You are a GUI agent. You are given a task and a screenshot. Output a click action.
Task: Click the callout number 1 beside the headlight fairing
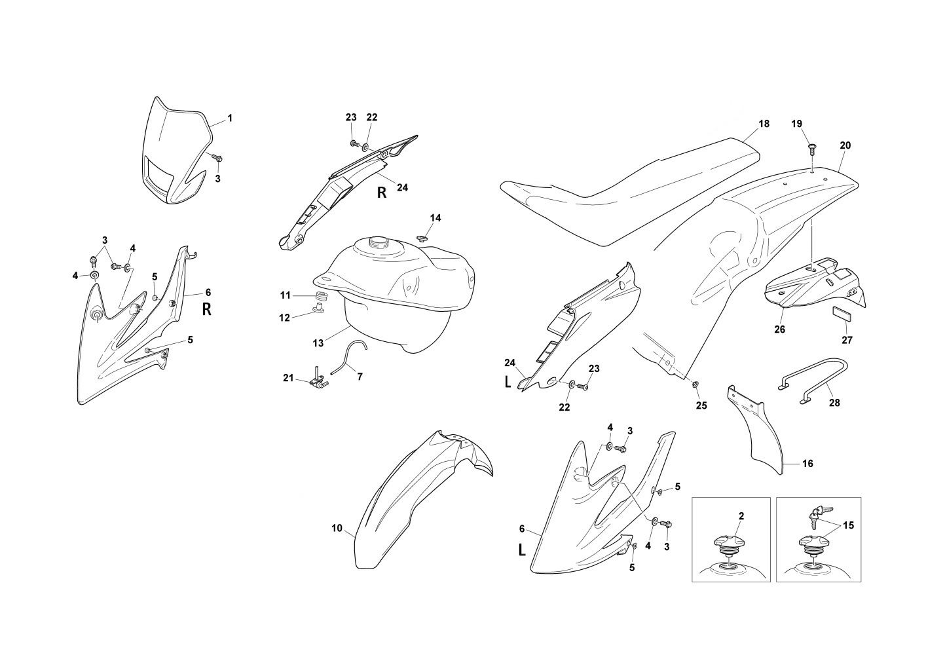click(x=230, y=119)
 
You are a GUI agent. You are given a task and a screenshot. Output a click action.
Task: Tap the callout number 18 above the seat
click(x=764, y=124)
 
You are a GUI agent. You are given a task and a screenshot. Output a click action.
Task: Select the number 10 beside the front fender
click(x=337, y=528)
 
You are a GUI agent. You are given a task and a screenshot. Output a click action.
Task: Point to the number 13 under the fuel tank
click(x=318, y=343)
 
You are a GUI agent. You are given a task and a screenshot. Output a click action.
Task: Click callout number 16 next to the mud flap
click(x=807, y=464)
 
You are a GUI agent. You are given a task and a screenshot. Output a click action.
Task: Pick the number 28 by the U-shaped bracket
click(x=834, y=402)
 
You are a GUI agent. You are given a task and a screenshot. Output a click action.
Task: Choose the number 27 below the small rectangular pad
click(x=847, y=340)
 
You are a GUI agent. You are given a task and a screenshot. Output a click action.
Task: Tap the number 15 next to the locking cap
click(x=848, y=525)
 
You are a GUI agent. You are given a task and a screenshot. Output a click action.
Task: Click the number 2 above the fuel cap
click(x=741, y=515)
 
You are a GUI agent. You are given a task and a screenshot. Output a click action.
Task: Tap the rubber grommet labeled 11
click(x=321, y=297)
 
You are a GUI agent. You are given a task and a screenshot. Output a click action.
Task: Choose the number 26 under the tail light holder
click(x=780, y=329)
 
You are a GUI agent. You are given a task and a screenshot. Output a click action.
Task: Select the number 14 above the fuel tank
click(x=435, y=218)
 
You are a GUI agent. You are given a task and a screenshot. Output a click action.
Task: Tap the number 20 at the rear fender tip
click(x=845, y=145)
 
